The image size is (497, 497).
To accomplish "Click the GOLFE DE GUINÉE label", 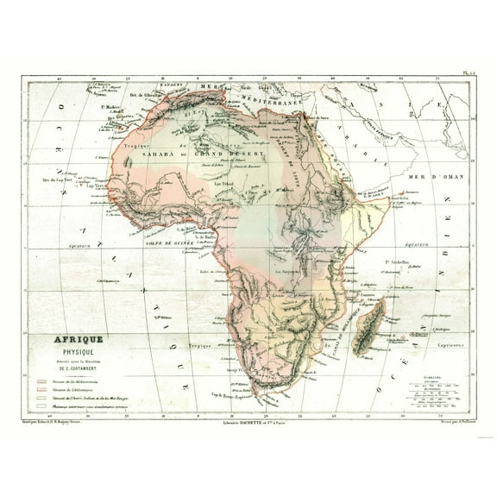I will tap(169, 244).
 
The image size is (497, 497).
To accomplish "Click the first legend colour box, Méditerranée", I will tap(41, 378).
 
